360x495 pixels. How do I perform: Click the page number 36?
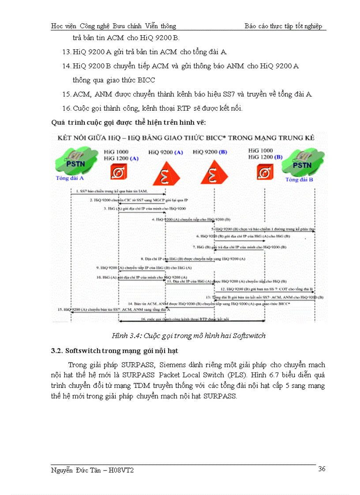coord(322,469)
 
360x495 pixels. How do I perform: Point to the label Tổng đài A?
coord(70,179)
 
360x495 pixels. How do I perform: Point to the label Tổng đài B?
coord(299,180)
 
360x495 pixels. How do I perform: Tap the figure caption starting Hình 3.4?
coord(188,336)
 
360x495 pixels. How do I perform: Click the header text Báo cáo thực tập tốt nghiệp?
coord(284,26)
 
